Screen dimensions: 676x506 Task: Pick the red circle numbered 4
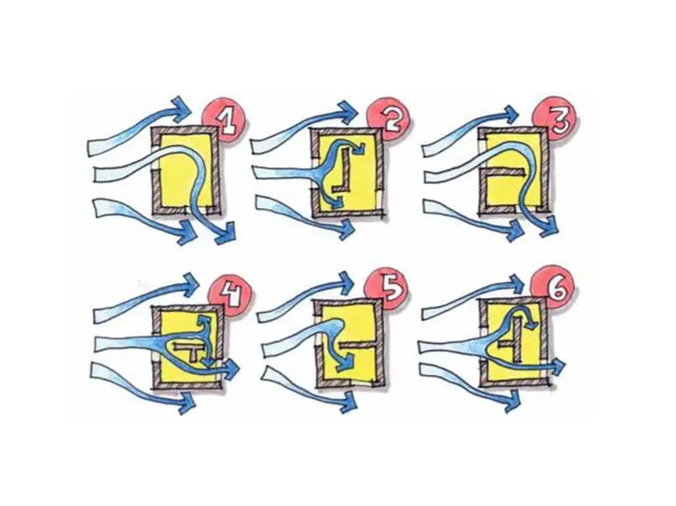(x=229, y=296)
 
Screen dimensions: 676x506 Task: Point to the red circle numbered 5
(x=387, y=290)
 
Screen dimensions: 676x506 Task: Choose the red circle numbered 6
(x=553, y=289)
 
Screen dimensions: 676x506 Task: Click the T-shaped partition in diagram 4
(x=191, y=349)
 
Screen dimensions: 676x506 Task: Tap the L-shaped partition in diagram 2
(x=343, y=170)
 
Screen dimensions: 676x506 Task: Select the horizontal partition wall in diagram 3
(x=504, y=172)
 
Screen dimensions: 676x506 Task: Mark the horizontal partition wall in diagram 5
(x=358, y=345)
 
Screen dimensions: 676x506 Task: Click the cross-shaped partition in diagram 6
(x=513, y=342)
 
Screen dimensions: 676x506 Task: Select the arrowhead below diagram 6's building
(x=512, y=399)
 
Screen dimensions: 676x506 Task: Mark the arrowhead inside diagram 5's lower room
(x=345, y=363)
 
